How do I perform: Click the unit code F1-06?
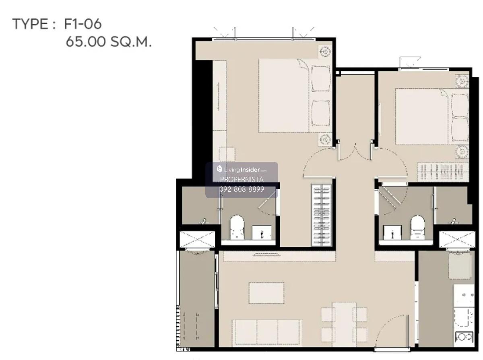pyautogui.click(x=83, y=24)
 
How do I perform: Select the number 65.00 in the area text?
pyautogui.click(x=86, y=41)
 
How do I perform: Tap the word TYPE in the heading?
pyautogui.click(x=30, y=24)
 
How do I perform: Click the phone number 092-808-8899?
pyautogui.click(x=242, y=189)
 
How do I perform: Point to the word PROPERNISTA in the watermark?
pyautogui.click(x=242, y=179)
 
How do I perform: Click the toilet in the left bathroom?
pyautogui.click(x=237, y=228)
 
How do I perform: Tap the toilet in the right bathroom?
pyautogui.click(x=417, y=228)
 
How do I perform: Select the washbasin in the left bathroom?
pyautogui.click(x=262, y=233)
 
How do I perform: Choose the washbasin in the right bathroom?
pyautogui.click(x=392, y=233)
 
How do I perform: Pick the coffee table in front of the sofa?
pyautogui.click(x=266, y=293)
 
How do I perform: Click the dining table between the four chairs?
pyautogui.click(x=344, y=324)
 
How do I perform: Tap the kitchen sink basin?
pyautogui.click(x=464, y=317)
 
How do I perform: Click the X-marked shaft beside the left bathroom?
pyautogui.click(x=197, y=240)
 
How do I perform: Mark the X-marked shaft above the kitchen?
pyautogui.click(x=457, y=240)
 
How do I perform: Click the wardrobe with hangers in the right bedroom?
pyautogui.click(x=443, y=172)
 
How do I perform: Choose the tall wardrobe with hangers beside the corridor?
pyautogui.click(x=322, y=215)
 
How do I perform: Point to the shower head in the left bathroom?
pyautogui.click(x=204, y=221)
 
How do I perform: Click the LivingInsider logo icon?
pyautogui.click(x=219, y=169)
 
